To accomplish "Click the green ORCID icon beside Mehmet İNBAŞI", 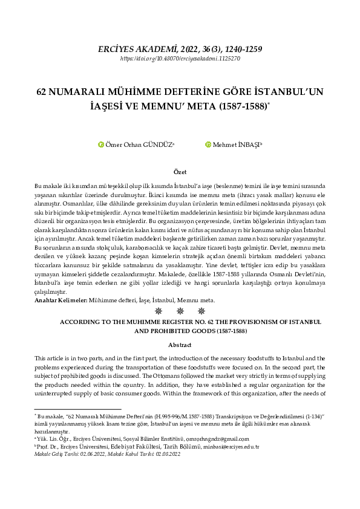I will tap(209, 144).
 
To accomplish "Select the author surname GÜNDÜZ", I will tap(159, 144).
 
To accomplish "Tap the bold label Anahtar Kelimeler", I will tap(61, 300).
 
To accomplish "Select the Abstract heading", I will tap(180, 345).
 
